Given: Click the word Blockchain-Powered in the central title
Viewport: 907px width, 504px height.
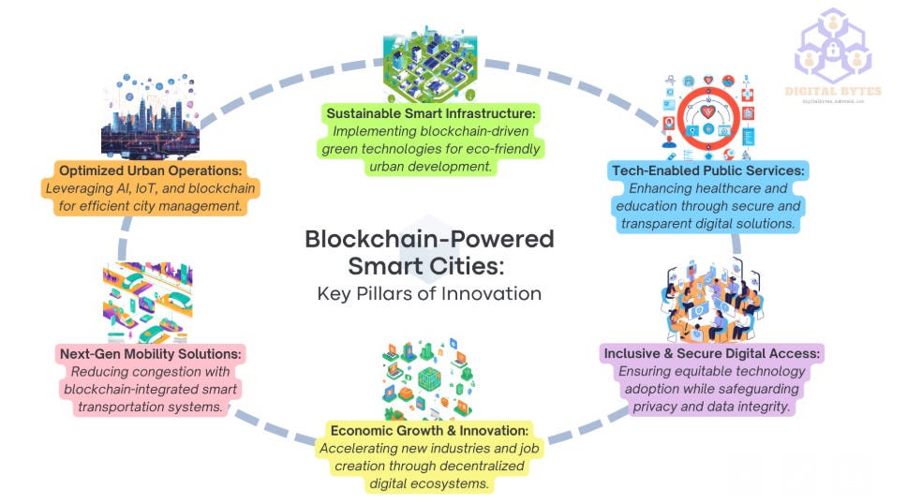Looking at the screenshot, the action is pyautogui.click(x=430, y=239).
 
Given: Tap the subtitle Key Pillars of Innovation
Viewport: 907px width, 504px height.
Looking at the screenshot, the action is pyautogui.click(x=430, y=293).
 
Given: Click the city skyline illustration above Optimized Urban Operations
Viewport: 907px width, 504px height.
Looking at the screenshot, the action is pyautogui.click(x=149, y=116).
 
